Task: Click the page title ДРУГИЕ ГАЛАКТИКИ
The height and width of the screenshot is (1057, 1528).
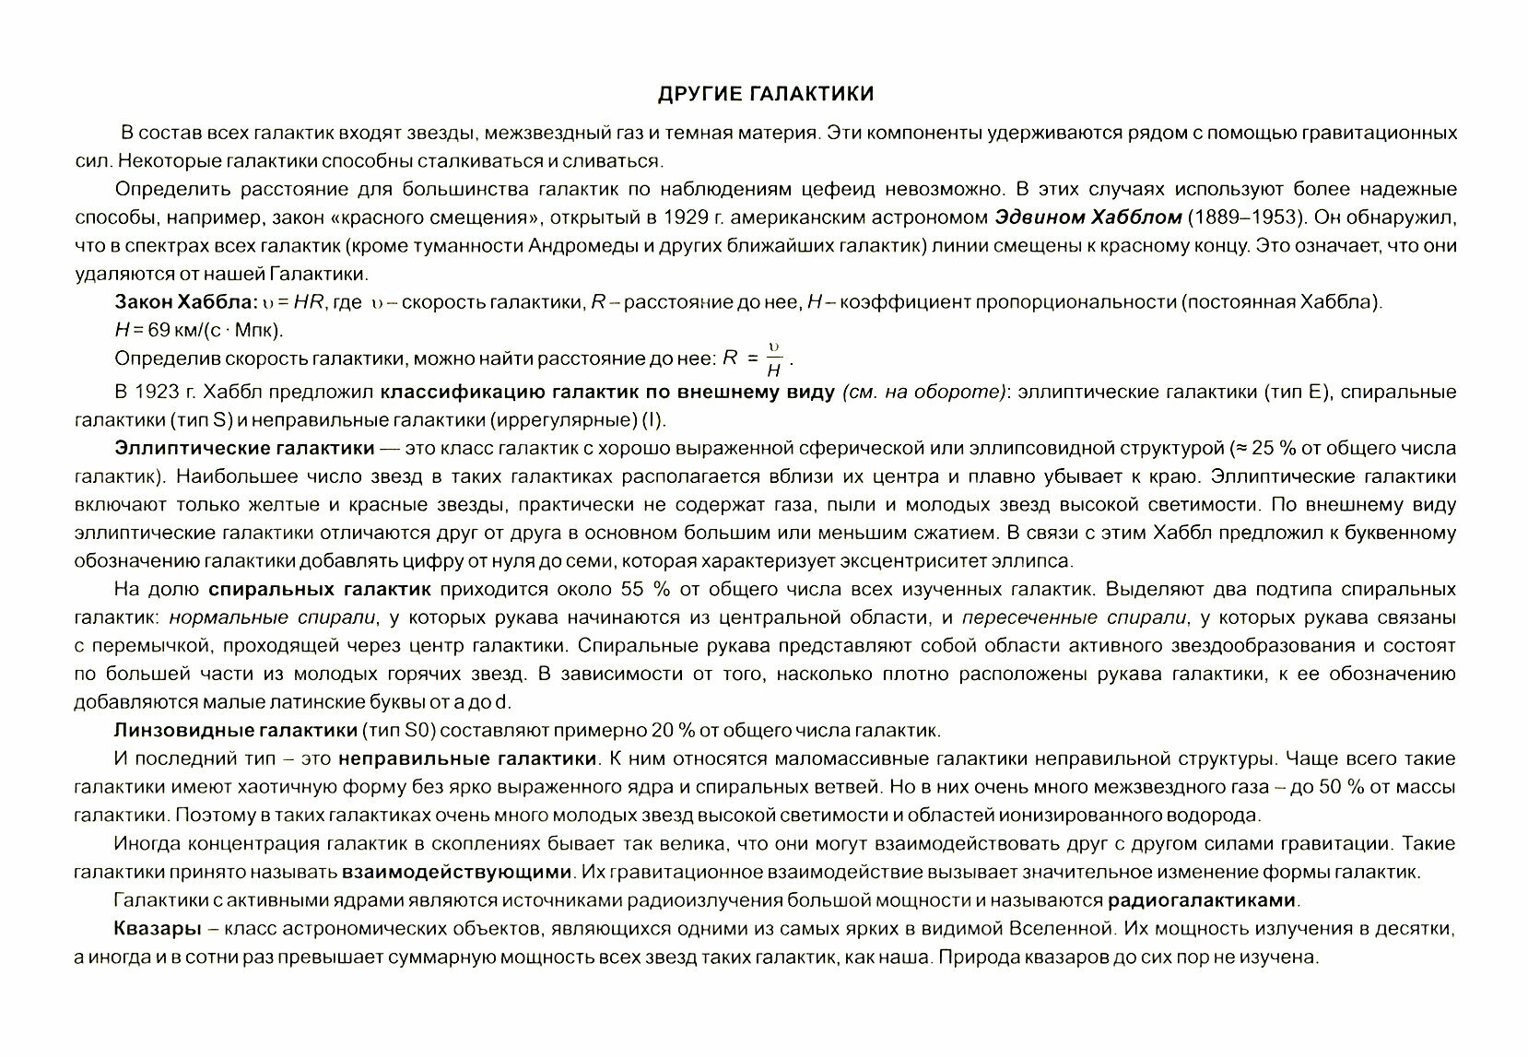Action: pos(765,94)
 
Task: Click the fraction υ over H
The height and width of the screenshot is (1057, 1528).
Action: pos(774,359)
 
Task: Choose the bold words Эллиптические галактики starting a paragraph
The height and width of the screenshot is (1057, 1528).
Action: pos(244,449)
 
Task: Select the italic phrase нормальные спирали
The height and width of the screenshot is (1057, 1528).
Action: pos(274,617)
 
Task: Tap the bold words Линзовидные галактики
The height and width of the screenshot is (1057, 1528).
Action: pos(235,731)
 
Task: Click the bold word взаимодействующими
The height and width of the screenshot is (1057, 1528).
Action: pos(457,872)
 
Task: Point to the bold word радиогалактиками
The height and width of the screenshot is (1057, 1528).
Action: pos(1203,900)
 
